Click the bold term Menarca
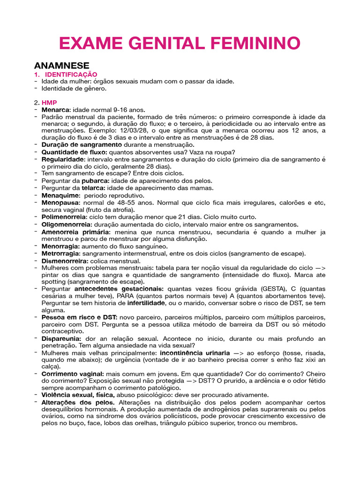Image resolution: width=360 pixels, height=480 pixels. pyautogui.click(x=55, y=109)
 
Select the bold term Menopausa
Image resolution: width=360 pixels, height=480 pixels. pyautogui.click(x=61, y=202)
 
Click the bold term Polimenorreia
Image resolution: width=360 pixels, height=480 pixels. pyautogui.click(x=64, y=217)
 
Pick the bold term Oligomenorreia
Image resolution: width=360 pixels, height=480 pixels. pyautogui.click(x=66, y=225)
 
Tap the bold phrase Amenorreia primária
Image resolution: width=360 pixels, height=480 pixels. pyautogui.click(x=76, y=232)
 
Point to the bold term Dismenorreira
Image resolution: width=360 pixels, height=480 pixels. pyautogui.click(x=65, y=261)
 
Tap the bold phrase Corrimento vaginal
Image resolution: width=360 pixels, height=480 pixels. pyautogui.click(x=73, y=374)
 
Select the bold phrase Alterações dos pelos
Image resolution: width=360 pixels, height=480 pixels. pyautogui.click(x=78, y=402)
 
